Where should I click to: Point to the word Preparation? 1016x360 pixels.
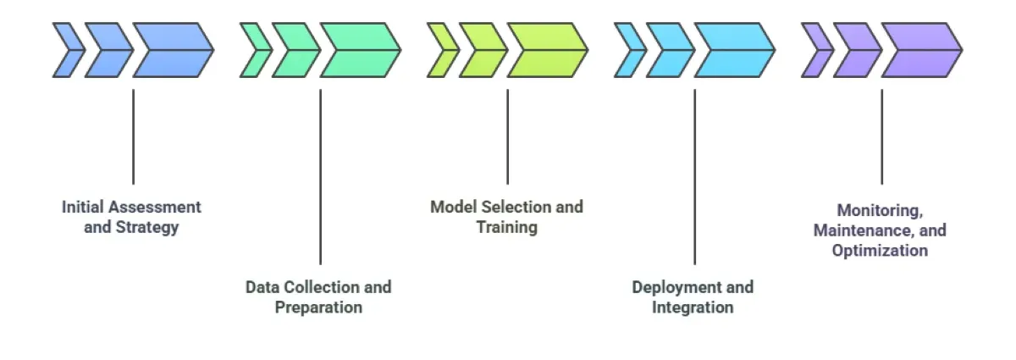click(x=318, y=307)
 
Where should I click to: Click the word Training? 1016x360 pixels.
click(x=506, y=228)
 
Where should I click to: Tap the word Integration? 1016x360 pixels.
click(x=693, y=307)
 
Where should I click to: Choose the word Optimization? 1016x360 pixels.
click(x=880, y=251)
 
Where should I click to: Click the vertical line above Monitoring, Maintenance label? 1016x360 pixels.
click(x=881, y=136)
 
